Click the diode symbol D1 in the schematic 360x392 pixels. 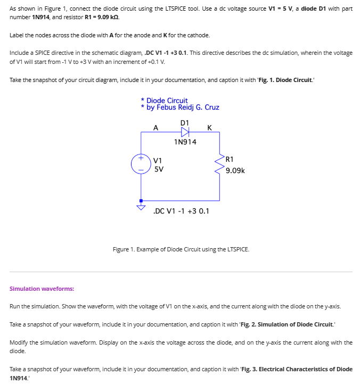(185, 132)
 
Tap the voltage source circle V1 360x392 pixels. (141, 164)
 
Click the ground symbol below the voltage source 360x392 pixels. (141, 206)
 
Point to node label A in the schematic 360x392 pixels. (156, 128)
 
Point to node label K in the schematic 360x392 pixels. (209, 128)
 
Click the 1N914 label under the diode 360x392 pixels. (185, 142)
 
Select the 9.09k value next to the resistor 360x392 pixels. (235, 170)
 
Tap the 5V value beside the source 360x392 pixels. (159, 169)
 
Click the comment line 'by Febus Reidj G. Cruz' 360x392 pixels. (182, 108)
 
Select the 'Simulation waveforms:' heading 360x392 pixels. (42, 289)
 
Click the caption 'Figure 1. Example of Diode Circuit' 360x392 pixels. (181, 249)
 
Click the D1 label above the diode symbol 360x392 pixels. (185, 123)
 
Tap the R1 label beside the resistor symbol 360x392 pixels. (230, 159)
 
